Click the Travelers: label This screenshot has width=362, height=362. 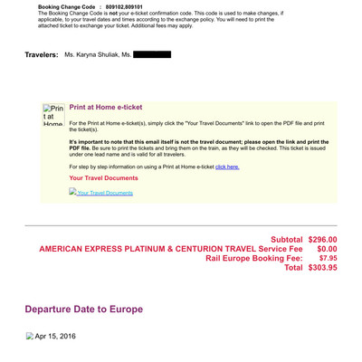pyautogui.click(x=42, y=55)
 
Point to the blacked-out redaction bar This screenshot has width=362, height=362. pyautogui.click(x=152, y=55)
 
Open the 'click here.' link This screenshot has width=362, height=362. pyautogui.click(x=227, y=167)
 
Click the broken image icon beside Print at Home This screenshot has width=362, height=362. pyautogui.click(x=54, y=115)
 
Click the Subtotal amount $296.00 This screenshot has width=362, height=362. pyautogui.click(x=322, y=239)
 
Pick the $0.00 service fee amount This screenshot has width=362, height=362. pyautogui.click(x=327, y=249)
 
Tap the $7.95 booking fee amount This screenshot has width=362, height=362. pyautogui.click(x=328, y=258)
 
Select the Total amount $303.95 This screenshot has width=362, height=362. pyautogui.click(x=322, y=268)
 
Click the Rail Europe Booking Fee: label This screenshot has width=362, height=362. pyautogui.click(x=255, y=258)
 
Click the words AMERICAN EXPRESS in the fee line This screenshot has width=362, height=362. pyautogui.click(x=86, y=249)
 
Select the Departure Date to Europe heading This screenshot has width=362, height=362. pyautogui.click(x=83, y=309)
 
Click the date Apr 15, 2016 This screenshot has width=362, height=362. pyautogui.click(x=55, y=337)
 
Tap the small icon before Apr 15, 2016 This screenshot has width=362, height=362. pyautogui.click(x=30, y=337)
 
